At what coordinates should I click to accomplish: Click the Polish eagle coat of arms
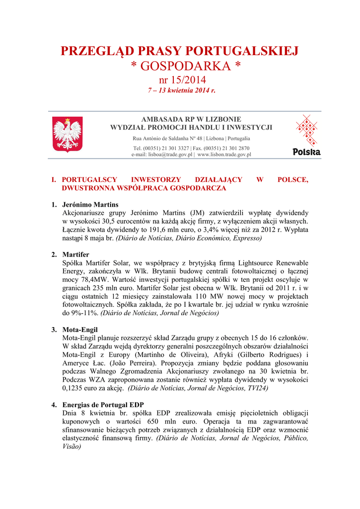68,134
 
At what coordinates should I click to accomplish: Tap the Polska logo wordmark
306,152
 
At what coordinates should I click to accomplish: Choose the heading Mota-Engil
80,330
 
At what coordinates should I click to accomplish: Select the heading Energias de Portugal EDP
103,405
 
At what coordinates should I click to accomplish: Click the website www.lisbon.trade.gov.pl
224,155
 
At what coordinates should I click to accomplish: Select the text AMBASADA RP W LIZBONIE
191,119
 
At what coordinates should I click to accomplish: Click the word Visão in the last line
72,447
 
